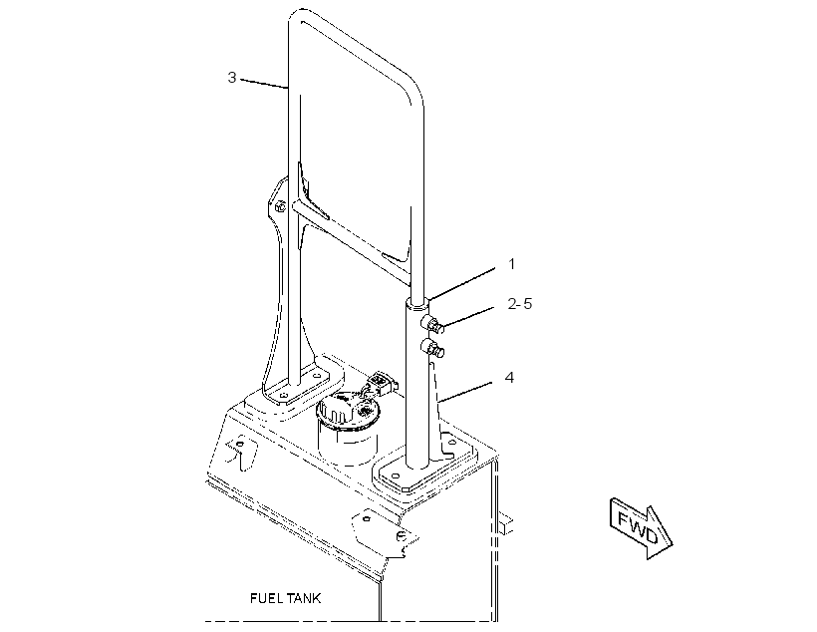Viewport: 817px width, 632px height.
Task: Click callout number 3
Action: coord(232,78)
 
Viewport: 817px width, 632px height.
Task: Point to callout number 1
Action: coord(512,264)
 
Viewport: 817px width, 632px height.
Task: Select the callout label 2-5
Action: coord(520,303)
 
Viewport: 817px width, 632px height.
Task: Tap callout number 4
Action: coord(509,377)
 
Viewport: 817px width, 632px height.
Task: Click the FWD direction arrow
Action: coord(642,527)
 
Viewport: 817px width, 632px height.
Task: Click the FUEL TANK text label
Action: coord(286,598)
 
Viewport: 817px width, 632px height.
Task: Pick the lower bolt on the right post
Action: coord(433,348)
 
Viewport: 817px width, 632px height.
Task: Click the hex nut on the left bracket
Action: coord(280,206)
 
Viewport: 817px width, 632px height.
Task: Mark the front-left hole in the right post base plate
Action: coord(396,476)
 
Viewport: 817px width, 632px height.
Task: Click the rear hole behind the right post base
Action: coord(450,443)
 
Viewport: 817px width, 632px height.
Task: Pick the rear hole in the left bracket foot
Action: coord(316,375)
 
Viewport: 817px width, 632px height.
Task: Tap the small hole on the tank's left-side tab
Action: coord(240,444)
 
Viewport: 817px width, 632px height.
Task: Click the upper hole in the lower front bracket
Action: coord(367,518)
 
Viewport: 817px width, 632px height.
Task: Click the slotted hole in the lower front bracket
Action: coord(401,536)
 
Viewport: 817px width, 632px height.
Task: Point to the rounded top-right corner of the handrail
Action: coord(412,85)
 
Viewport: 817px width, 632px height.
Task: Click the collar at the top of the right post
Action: coord(417,301)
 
